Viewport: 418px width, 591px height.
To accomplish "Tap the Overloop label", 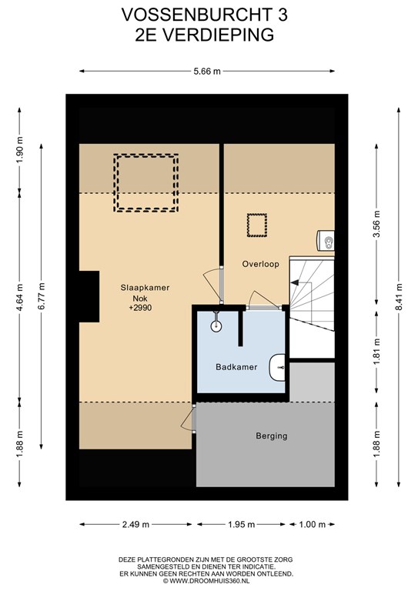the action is (260, 264).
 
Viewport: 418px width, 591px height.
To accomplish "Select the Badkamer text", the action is (236, 367).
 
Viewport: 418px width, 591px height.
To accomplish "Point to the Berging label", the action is (272, 436).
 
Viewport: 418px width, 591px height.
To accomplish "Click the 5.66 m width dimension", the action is (207, 72).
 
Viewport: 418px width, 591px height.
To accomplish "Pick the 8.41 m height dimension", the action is (399, 297).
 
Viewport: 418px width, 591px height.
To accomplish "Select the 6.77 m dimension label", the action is (41, 296).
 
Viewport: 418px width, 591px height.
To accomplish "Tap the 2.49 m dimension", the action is (135, 524).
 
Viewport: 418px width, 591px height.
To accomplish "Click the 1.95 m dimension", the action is (241, 524).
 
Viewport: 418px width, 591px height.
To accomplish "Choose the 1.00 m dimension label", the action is (312, 524).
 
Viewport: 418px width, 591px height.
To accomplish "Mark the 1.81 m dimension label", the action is (376, 352).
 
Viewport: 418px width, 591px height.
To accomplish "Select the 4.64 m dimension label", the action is (19, 297).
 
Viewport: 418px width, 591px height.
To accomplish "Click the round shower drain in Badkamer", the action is (216, 326).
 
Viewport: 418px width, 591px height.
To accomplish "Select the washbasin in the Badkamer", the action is (277, 368).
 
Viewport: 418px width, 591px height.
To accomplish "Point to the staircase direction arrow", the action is (294, 282).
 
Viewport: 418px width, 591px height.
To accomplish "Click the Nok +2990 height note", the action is (140, 303).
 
